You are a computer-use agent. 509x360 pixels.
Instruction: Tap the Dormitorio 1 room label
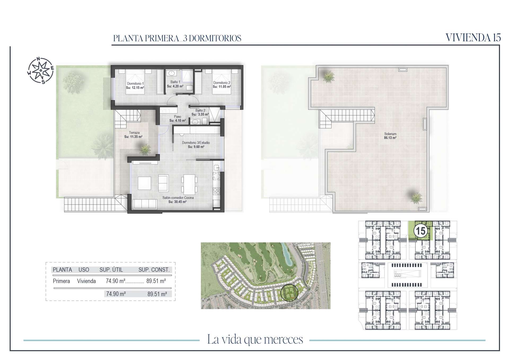(135, 83)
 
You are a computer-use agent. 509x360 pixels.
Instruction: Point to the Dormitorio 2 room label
(222, 83)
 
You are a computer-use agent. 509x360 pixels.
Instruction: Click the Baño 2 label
(200, 110)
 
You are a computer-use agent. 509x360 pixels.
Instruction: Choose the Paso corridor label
(177, 116)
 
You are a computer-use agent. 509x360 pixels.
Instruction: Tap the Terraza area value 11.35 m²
(133, 137)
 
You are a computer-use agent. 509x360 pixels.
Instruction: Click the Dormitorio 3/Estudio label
(196, 143)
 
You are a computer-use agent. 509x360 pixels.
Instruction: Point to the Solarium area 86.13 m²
(390, 138)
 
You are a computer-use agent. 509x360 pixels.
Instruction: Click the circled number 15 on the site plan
(420, 231)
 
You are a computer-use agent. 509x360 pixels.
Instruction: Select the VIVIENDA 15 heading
(473, 38)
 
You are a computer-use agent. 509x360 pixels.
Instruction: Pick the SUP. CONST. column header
(154, 270)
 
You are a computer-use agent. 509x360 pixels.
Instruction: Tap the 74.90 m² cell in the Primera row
(116, 281)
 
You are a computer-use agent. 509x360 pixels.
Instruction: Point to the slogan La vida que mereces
(255, 340)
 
